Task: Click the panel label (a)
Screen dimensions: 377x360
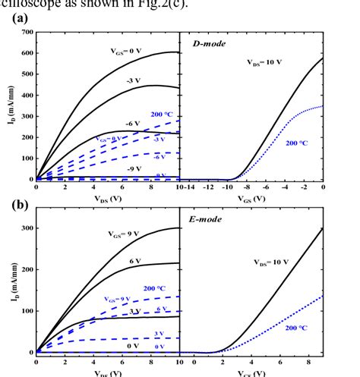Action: [x=21, y=17]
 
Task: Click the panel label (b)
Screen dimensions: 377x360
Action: [x=21, y=205]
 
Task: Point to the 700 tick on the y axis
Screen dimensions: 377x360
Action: [x=28, y=33]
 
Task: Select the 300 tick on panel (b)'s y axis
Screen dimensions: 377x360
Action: [x=28, y=228]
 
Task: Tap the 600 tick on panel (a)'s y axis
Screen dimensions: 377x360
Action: [x=28, y=53]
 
